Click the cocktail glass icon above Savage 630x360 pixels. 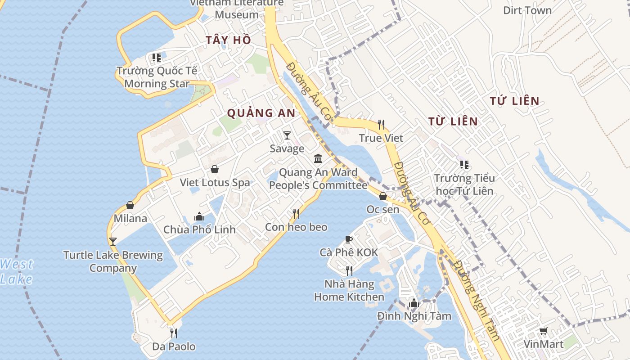click(x=287, y=135)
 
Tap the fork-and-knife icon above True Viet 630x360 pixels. click(x=381, y=124)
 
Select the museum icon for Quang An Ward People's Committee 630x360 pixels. click(x=318, y=158)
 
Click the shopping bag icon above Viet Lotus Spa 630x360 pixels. click(x=215, y=169)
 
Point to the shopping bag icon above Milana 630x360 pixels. click(x=130, y=205)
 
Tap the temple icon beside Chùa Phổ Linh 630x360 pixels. click(x=199, y=216)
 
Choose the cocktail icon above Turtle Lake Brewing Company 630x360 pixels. click(x=112, y=242)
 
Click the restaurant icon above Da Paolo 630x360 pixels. click(x=174, y=333)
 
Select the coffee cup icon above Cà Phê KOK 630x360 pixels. click(x=348, y=239)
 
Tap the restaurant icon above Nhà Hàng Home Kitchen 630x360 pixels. click(x=349, y=270)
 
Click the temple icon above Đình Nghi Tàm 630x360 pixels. click(x=414, y=303)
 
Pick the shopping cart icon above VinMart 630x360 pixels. click(x=544, y=331)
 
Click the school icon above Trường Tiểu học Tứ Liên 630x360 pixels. click(x=464, y=165)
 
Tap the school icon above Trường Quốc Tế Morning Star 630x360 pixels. click(x=156, y=58)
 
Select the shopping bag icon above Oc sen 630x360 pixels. click(x=383, y=196)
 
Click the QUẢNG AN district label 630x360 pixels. click(x=261, y=113)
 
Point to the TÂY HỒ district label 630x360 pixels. click(x=228, y=40)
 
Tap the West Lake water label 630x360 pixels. click(x=16, y=271)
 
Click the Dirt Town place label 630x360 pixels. click(x=527, y=10)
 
